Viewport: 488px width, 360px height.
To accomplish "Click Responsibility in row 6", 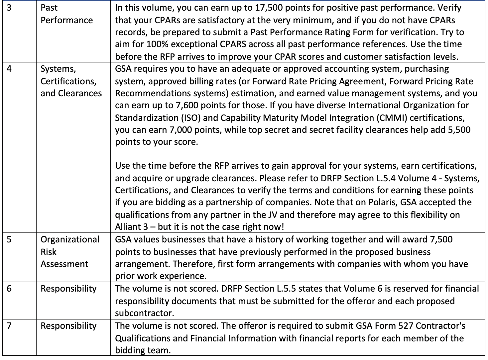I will coord(68,289).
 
